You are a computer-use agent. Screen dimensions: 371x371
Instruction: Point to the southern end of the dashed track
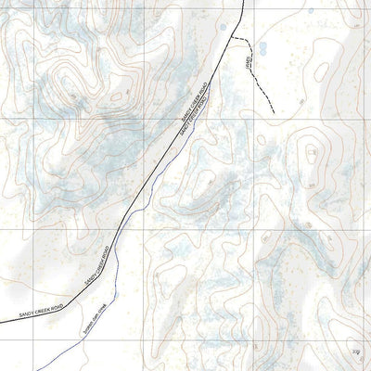[275, 113]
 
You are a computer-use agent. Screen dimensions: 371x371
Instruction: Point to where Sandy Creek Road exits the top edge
[244, 1]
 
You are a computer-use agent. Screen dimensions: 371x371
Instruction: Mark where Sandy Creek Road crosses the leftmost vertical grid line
[34, 313]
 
